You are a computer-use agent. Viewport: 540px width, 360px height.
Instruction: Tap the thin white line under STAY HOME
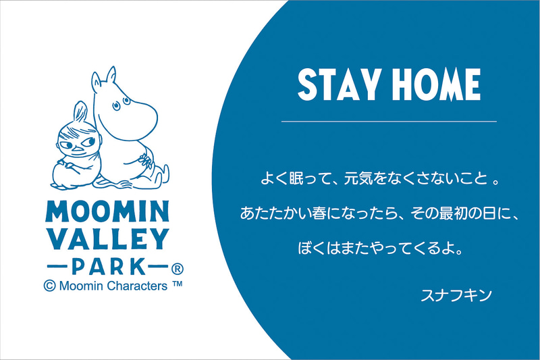pos(388,121)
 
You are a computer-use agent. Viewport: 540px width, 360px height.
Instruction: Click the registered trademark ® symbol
pos(178,266)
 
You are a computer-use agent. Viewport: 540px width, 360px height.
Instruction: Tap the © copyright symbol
pos(48,286)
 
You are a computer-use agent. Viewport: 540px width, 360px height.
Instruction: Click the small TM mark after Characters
pos(178,284)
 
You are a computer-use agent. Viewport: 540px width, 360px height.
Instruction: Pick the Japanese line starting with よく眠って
pos(379,180)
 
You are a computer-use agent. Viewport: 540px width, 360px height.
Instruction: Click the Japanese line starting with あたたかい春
pos(379,214)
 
